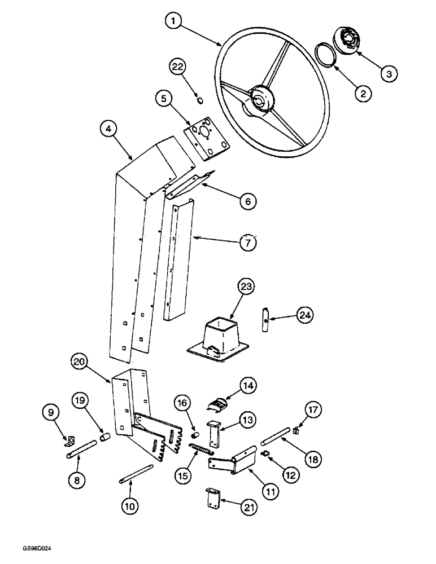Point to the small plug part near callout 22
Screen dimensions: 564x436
[199, 101]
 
